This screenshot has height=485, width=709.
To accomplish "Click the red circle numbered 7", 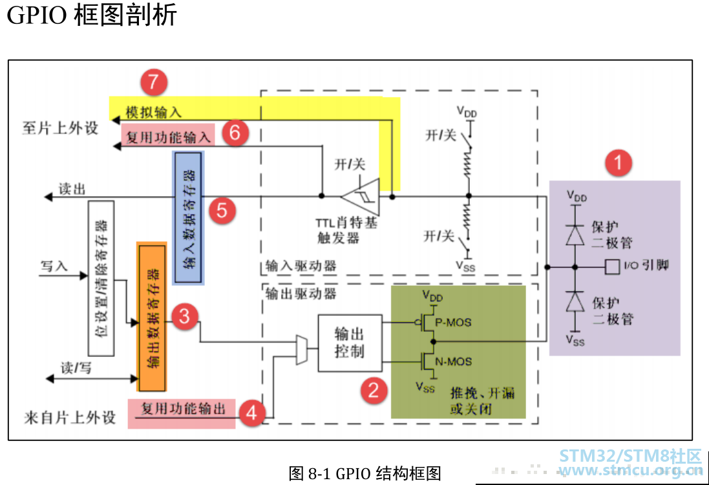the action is click(x=154, y=82).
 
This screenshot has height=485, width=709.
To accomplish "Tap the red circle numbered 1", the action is click(x=618, y=162).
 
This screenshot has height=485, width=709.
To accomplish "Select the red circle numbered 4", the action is click(x=251, y=413).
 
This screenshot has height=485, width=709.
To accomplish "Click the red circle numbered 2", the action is click(x=374, y=390).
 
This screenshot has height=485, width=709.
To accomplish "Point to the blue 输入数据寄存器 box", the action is click(x=188, y=218).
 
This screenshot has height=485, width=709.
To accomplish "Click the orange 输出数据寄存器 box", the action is click(x=152, y=317).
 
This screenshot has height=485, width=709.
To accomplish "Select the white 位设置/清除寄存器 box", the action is click(x=101, y=278).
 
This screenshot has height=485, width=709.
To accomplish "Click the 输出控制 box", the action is click(x=350, y=343).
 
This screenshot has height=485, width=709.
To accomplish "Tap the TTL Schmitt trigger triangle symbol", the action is click(x=362, y=197).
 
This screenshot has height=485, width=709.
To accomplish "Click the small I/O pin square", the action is click(x=612, y=266).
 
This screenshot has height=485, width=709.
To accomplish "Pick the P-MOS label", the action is click(x=453, y=323).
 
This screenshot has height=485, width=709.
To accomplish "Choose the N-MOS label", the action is click(x=454, y=361).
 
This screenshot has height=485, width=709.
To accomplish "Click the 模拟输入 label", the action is click(x=154, y=112).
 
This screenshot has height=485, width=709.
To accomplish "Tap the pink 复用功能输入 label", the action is click(x=168, y=136).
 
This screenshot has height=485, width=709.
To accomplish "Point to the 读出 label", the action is click(x=72, y=189).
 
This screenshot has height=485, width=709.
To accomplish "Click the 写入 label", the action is click(x=54, y=266).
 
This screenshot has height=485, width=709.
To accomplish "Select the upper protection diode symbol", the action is click(x=575, y=235).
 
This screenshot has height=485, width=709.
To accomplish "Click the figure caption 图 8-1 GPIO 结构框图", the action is click(x=365, y=473).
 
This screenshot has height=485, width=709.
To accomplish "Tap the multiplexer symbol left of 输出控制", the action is click(x=302, y=350).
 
